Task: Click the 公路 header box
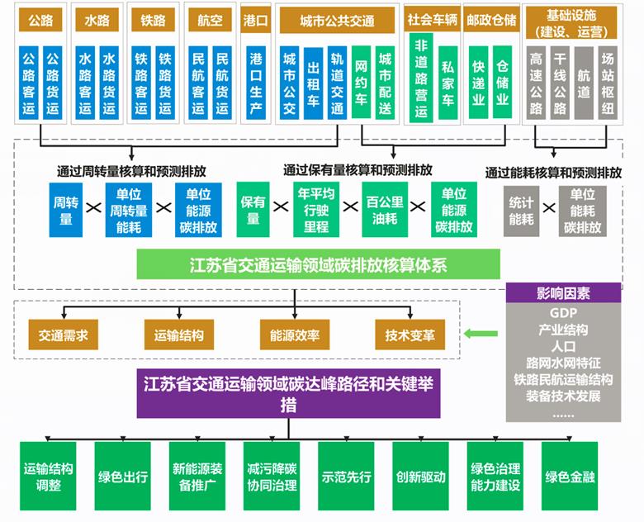click(40, 21)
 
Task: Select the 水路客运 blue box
click(84, 84)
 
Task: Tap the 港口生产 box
click(256, 84)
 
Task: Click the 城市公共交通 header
click(337, 21)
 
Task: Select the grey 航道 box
click(584, 84)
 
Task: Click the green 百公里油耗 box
click(385, 211)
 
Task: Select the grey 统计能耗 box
click(522, 211)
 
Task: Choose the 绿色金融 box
click(570, 477)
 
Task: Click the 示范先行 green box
click(346, 477)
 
